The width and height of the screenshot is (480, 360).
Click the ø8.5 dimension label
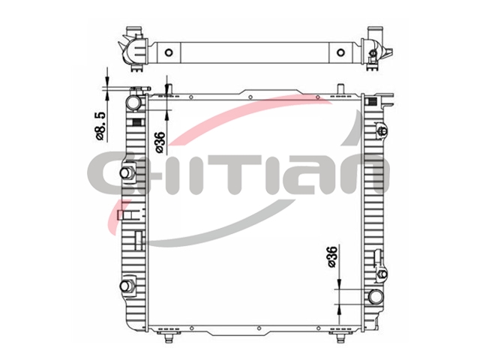(x=100, y=126)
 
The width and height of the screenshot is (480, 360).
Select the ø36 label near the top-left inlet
(x=160, y=142)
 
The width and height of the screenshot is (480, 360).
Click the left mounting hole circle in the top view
(x=169, y=52)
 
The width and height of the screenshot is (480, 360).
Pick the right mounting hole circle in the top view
(x=340, y=52)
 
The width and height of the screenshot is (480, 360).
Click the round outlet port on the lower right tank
(x=376, y=297)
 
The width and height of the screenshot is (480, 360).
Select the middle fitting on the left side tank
(x=125, y=173)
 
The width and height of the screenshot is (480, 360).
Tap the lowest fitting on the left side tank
(x=125, y=286)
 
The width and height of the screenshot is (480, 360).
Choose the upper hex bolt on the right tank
(x=382, y=131)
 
